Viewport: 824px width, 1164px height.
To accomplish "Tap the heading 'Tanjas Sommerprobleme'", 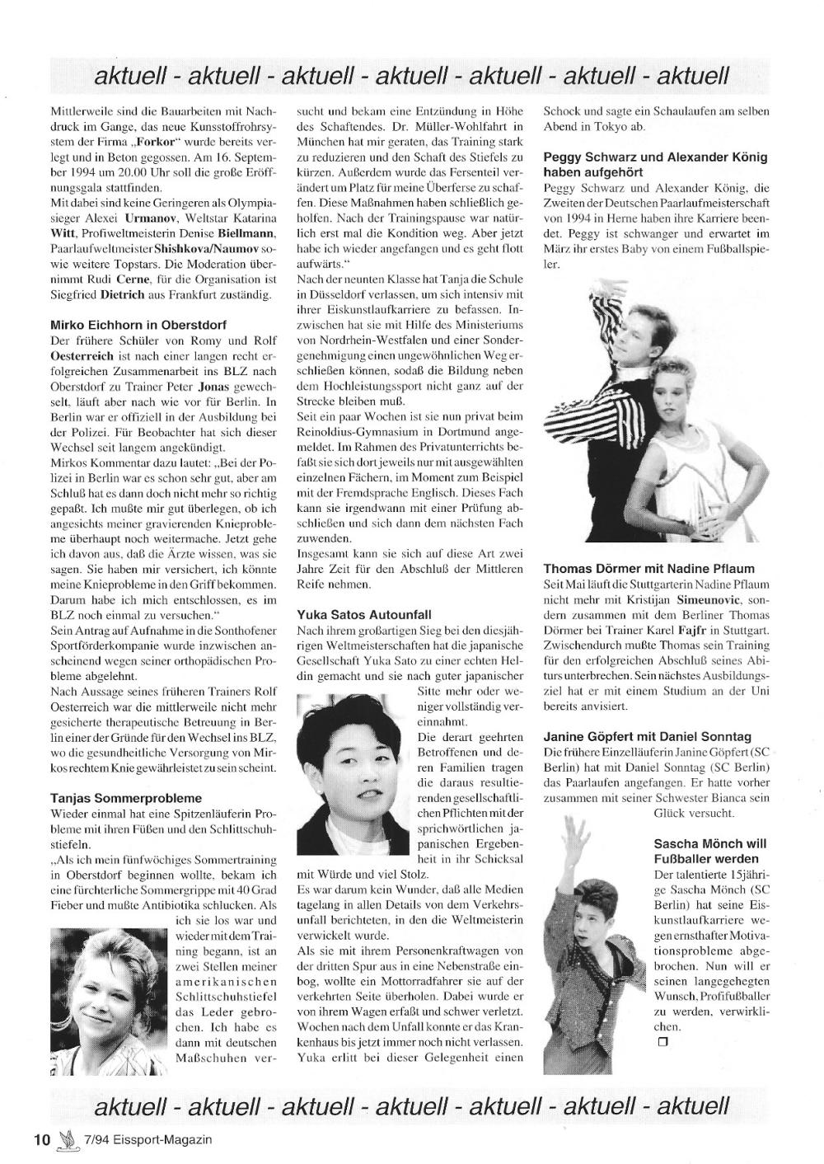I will tap(126, 798).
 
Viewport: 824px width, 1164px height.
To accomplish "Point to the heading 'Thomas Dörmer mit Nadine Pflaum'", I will tap(648, 569).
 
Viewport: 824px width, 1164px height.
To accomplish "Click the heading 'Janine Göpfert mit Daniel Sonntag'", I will tap(647, 737).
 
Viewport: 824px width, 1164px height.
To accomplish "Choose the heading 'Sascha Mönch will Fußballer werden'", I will tap(709, 850).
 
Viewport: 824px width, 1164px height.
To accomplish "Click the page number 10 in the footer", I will tap(42, 1139).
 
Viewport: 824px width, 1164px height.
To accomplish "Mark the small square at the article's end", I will tap(659, 1041).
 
